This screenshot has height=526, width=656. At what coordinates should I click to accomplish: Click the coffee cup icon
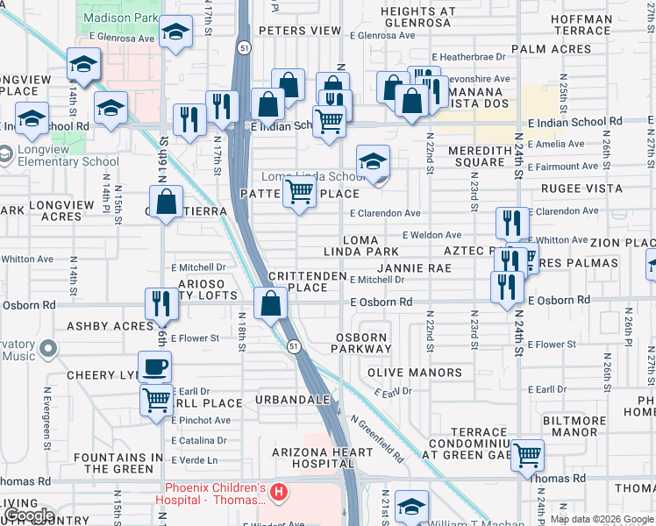coord(154,366)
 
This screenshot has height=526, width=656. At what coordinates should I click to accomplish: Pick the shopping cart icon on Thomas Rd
coord(527,455)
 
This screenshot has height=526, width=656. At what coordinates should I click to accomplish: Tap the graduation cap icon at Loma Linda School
coord(373,162)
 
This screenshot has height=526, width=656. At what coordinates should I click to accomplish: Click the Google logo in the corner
coord(28,515)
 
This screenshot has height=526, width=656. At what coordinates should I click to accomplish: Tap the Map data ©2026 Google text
coord(602,519)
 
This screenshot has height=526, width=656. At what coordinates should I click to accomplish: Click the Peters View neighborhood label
coord(299,31)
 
